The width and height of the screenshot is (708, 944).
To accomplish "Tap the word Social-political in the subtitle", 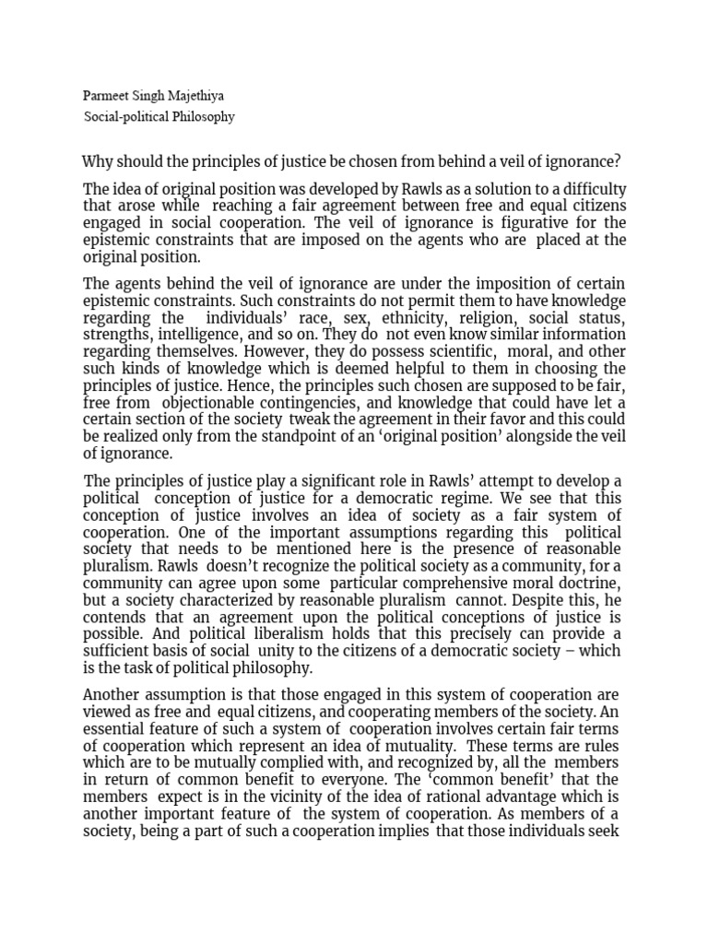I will pos(128,117).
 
